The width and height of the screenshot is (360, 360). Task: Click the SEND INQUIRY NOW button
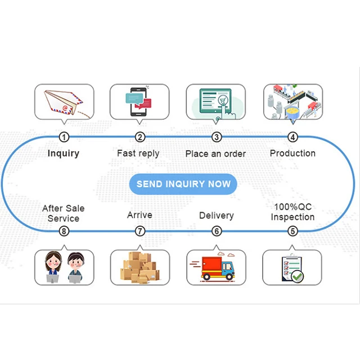tap(183, 184)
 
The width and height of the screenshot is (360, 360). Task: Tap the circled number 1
tap(64, 137)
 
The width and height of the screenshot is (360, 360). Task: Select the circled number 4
tap(292, 137)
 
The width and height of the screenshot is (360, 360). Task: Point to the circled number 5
tap(292, 231)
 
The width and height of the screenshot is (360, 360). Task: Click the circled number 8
tap(64, 231)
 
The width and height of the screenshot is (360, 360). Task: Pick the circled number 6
tap(217, 231)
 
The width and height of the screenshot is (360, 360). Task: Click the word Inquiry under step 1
tap(64, 154)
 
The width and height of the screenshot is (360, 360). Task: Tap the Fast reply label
tap(138, 154)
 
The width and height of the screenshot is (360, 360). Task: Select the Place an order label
tap(215, 154)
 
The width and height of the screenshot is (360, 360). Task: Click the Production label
tap(292, 154)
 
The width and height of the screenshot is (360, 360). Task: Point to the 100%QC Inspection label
tap(292, 212)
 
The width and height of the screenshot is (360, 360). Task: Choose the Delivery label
tap(217, 215)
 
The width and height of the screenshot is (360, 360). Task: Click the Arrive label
tap(139, 215)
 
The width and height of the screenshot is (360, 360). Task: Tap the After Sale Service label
tap(64, 213)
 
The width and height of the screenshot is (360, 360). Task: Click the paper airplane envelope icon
tap(64, 102)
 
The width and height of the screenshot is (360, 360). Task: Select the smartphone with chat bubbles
tap(139, 102)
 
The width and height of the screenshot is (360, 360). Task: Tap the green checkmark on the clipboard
tap(297, 276)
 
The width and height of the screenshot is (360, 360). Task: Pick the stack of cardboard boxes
tap(140, 267)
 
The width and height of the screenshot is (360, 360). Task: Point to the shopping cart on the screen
tap(223, 100)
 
